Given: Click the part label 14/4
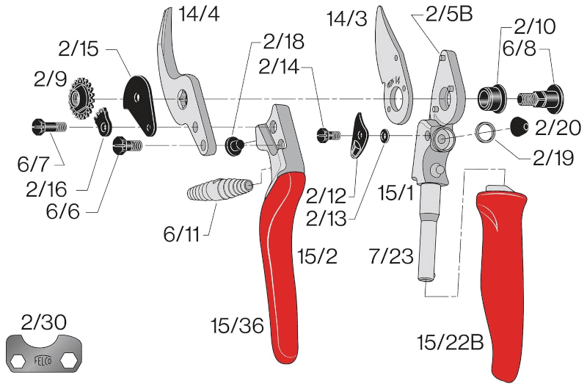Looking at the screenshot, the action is (x=199, y=14).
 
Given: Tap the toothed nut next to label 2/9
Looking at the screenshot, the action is (x=81, y=99).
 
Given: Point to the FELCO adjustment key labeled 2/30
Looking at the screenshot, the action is (x=44, y=354).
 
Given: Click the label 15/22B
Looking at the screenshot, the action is (x=451, y=342).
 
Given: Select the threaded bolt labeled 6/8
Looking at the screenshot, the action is (x=540, y=98).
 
